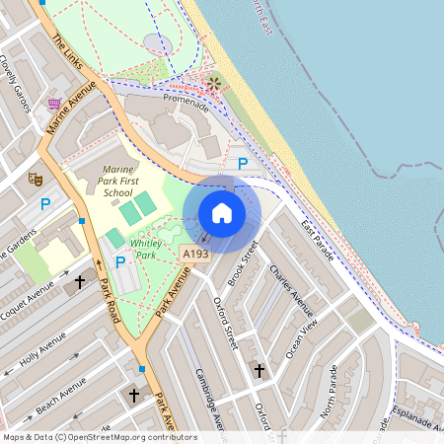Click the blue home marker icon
click(x=222, y=213)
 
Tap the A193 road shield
click(x=195, y=255)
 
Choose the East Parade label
click(x=320, y=237)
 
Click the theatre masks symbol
click(x=34, y=180)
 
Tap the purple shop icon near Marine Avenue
click(x=54, y=102)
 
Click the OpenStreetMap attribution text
click(x=100, y=436)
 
